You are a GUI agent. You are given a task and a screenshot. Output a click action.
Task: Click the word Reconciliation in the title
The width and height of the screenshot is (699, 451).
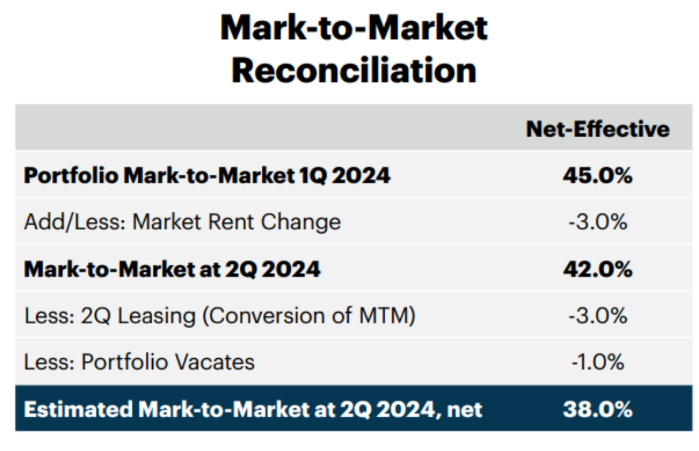(354, 70)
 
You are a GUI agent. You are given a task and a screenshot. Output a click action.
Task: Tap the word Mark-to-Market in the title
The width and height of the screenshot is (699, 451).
(354, 27)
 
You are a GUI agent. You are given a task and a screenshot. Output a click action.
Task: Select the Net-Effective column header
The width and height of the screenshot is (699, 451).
(598, 128)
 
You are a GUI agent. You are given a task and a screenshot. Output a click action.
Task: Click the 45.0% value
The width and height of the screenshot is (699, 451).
(598, 175)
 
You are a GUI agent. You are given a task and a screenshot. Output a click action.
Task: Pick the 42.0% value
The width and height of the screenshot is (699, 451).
(598, 269)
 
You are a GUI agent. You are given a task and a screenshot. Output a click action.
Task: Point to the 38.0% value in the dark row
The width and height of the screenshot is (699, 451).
(598, 410)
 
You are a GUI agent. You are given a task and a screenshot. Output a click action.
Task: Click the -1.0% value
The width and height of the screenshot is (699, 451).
(598, 362)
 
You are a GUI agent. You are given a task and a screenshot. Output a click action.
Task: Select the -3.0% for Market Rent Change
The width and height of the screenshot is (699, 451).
(598, 222)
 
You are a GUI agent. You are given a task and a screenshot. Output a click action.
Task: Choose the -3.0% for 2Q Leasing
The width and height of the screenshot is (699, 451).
(598, 316)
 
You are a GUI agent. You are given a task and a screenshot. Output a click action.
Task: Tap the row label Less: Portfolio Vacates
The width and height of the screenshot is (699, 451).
(139, 362)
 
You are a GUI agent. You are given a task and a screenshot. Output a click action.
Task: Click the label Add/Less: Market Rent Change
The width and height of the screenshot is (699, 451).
(182, 222)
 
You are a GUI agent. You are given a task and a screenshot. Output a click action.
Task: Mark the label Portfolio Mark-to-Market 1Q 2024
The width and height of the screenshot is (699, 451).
(207, 175)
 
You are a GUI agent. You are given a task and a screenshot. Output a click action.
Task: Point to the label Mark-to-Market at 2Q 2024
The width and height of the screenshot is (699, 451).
(172, 269)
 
